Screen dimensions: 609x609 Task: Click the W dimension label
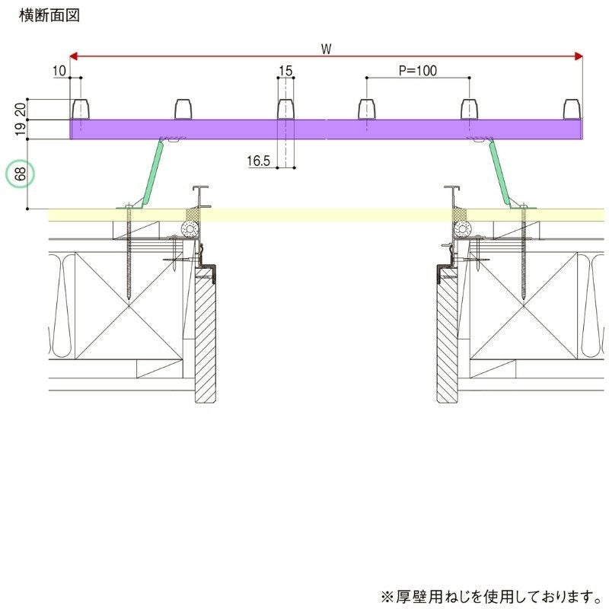[x=326, y=49]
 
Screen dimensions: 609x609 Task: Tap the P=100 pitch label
[x=418, y=71]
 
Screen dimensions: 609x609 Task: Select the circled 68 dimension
[x=21, y=174]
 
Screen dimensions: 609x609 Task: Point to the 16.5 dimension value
[x=260, y=161]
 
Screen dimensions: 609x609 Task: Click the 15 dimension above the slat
[x=285, y=71]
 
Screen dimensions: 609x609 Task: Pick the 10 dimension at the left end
[x=60, y=71]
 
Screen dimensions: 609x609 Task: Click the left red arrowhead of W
[x=75, y=56]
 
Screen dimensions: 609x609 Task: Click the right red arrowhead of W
[x=578, y=56]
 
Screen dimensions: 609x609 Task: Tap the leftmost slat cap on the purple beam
[x=80, y=109]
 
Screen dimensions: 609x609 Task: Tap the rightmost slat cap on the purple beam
[x=572, y=109]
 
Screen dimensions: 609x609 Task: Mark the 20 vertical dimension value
[x=21, y=110]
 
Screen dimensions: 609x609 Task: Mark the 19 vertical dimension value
[x=21, y=129]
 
